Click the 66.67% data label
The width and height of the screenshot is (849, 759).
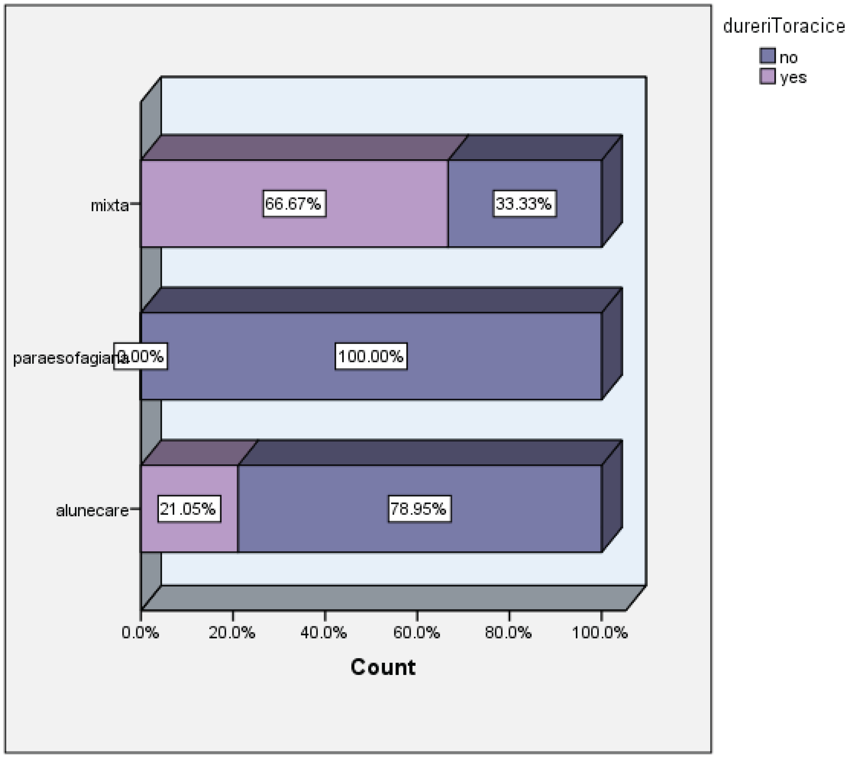pos(294,204)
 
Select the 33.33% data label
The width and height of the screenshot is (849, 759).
pos(524,204)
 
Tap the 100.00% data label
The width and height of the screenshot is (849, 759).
pos(371,357)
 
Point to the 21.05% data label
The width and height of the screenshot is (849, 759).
pos(189,509)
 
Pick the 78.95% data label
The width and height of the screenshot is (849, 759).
pos(419,509)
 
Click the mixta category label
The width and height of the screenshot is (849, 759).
pos(110,205)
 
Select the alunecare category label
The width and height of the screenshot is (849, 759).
pos(92,511)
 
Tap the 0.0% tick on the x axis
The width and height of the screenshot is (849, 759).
pos(140,633)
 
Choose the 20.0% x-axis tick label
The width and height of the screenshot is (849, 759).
pos(232,633)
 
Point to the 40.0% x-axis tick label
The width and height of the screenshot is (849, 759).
pos(324,633)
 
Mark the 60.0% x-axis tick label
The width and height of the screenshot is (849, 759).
pos(416,633)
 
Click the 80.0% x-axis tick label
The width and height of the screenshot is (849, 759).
pos(508,633)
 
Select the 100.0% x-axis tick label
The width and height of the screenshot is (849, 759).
pos(600,633)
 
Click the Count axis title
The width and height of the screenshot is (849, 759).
pos(383,667)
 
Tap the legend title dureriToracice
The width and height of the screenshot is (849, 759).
pos(783,26)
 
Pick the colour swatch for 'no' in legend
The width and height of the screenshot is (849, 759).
pos(767,56)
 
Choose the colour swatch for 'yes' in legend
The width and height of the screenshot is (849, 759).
pos(767,76)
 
